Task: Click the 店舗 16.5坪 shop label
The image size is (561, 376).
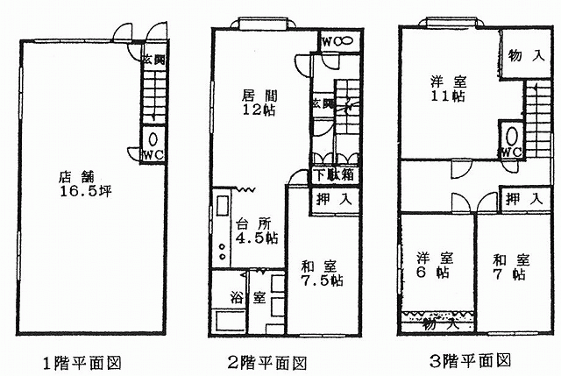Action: pos(83,182)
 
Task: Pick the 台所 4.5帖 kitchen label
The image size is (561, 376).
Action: pos(255,231)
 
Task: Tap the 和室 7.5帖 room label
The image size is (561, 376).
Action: pos(321,273)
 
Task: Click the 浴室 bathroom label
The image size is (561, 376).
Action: pos(248,297)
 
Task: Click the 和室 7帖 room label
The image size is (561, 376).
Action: pos(508,266)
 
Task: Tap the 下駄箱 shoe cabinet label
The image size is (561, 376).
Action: pos(334,174)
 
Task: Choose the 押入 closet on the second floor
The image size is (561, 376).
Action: pos(333,200)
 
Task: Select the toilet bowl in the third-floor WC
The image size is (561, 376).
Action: pos(511,135)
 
